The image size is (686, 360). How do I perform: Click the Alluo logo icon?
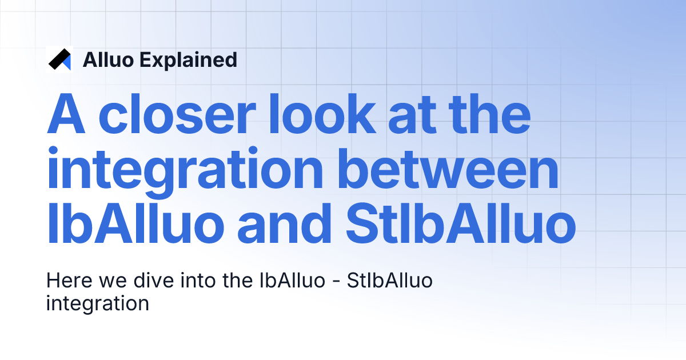[59, 59]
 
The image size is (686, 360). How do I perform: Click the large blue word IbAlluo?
[135, 224]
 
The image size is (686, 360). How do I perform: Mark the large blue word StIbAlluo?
[461, 224]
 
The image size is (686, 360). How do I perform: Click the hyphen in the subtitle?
[341, 282]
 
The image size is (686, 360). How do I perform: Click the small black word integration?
[97, 303]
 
